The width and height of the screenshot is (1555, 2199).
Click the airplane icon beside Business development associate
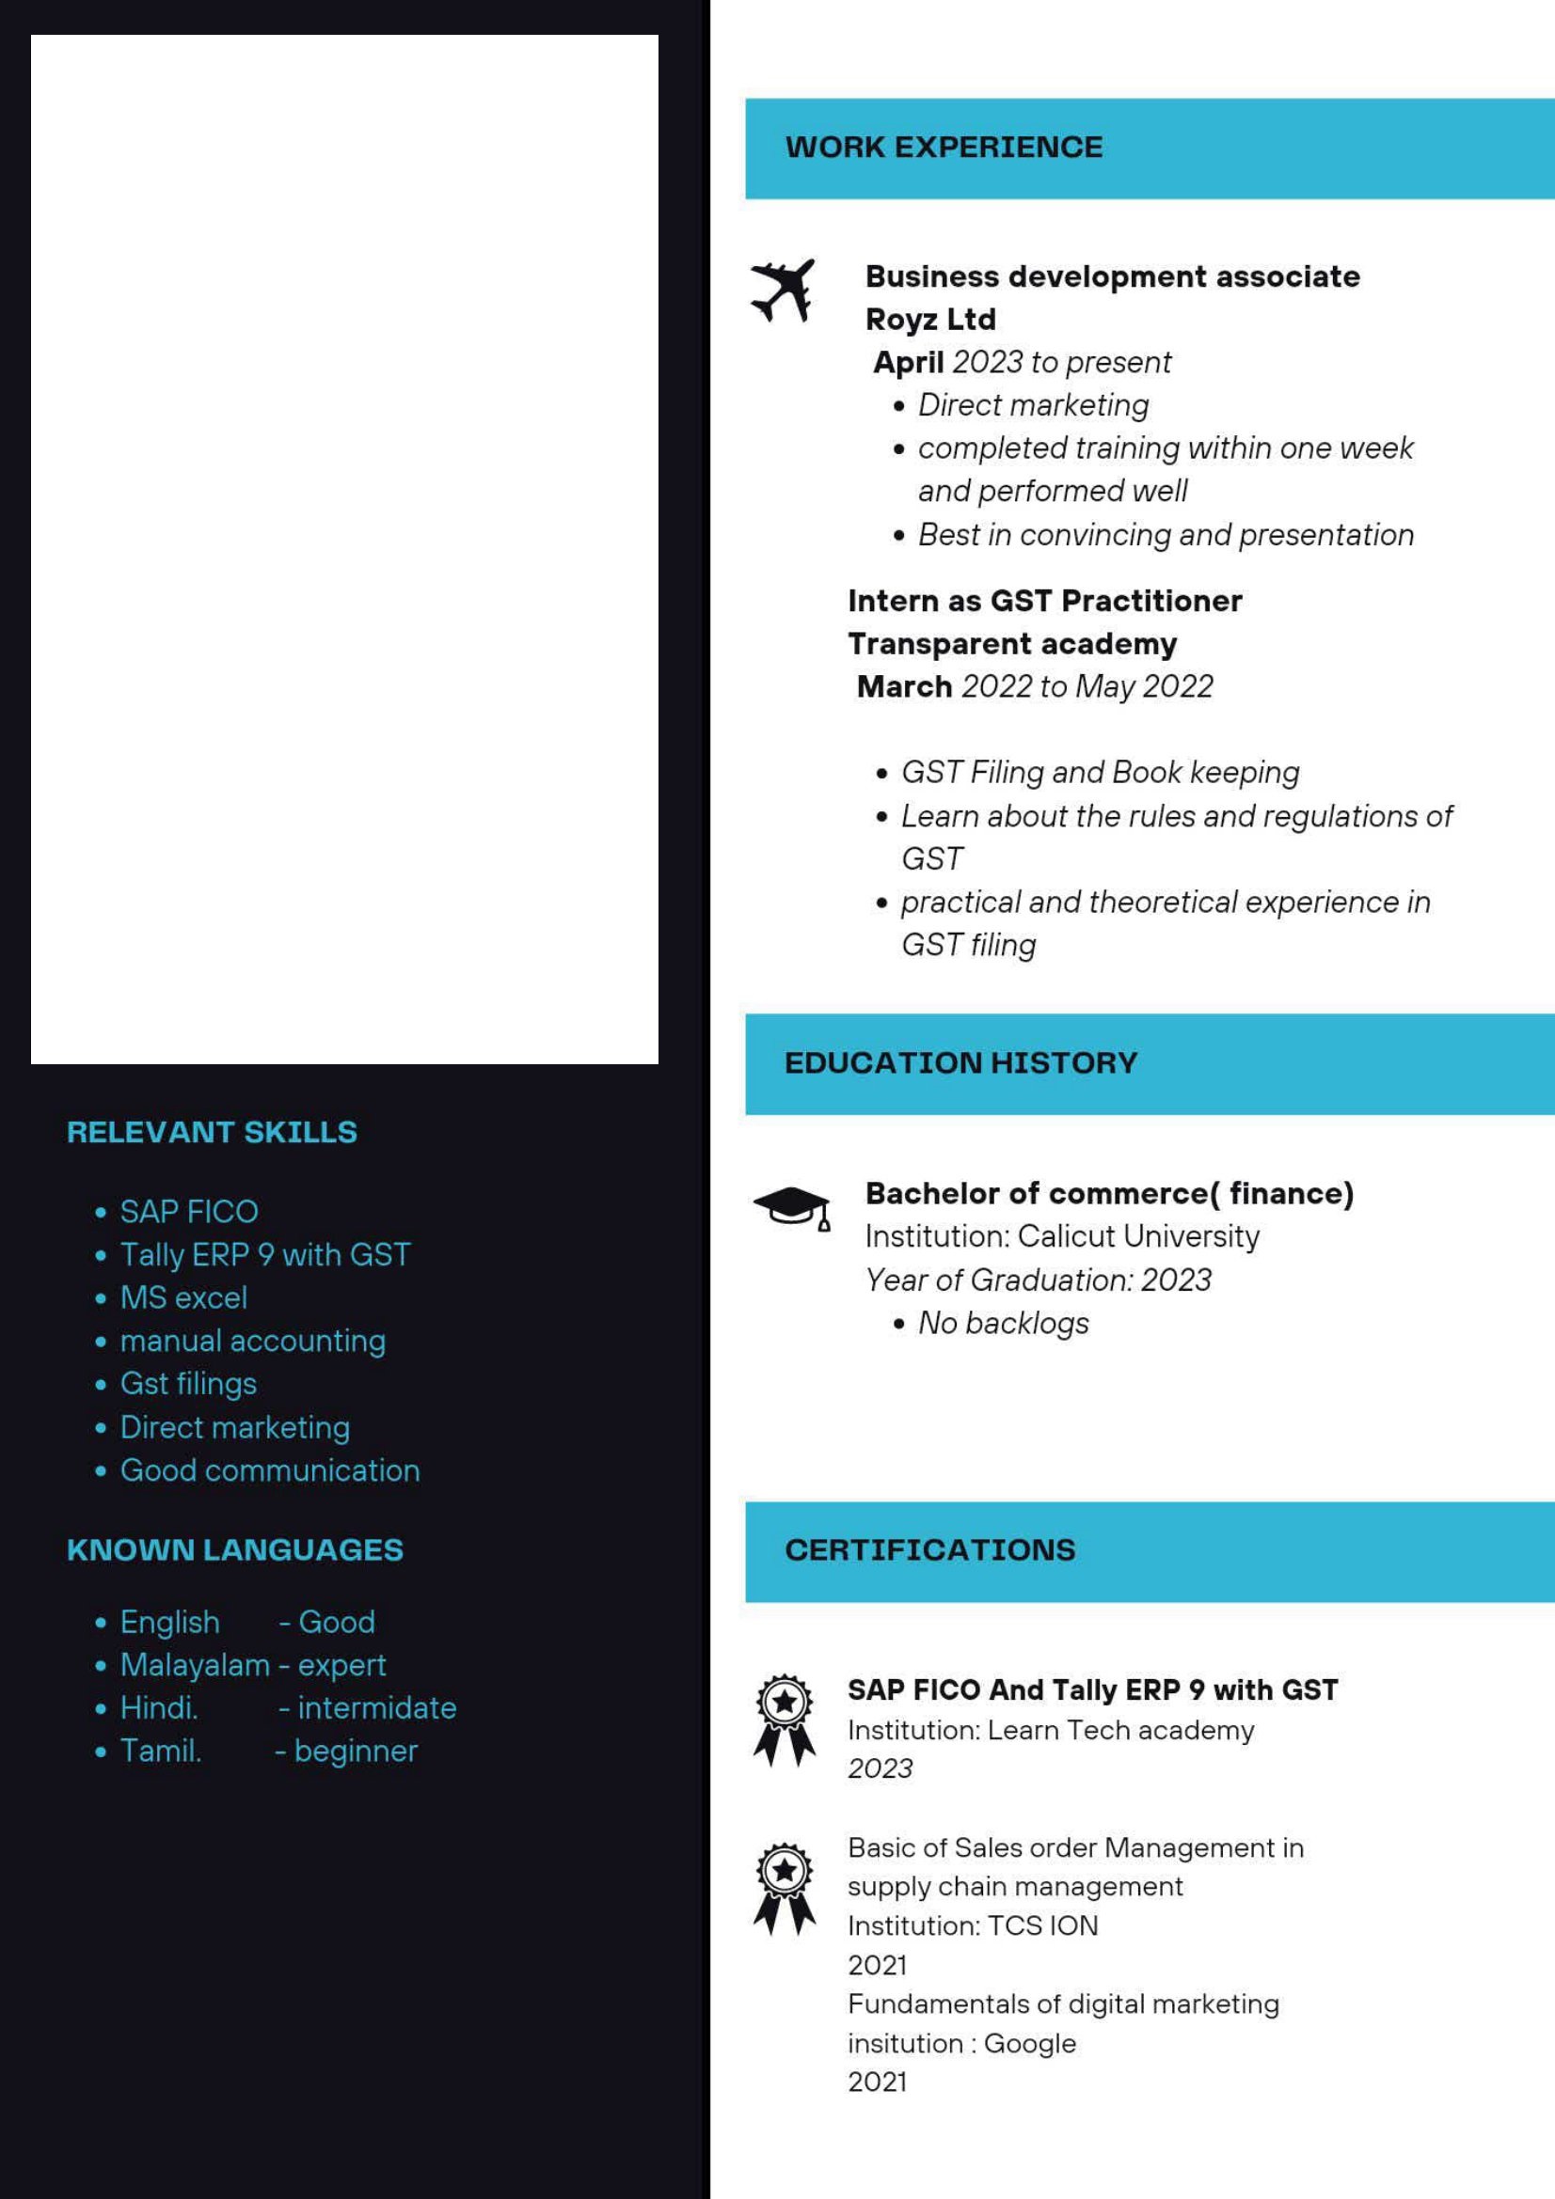(783, 290)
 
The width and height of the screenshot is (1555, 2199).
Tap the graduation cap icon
(791, 1208)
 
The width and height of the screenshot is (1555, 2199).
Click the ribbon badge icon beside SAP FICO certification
(785, 1720)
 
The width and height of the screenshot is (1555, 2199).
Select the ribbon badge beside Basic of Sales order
(785, 1888)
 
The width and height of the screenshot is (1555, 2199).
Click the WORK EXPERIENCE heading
(944, 148)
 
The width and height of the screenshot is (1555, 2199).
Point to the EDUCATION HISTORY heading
(960, 1063)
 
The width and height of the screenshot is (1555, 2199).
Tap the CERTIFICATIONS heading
(929, 1549)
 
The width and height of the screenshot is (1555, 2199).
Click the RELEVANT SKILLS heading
(212, 1132)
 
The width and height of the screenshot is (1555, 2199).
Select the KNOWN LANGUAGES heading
(235, 1549)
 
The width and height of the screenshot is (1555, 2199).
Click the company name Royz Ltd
(930, 319)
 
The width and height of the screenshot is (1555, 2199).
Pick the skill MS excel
(183, 1297)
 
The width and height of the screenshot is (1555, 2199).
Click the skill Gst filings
(188, 1384)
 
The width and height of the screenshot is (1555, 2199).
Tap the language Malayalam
(195, 1665)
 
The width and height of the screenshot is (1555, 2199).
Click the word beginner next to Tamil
(356, 1751)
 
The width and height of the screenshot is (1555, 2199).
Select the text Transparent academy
(1012, 644)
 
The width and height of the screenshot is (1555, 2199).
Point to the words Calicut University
(1138, 1236)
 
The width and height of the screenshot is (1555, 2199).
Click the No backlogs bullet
(1003, 1323)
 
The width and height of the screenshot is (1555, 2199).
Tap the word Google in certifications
(1030, 2044)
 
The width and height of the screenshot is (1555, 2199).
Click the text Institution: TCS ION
(973, 1925)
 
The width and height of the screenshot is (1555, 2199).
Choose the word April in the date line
(909, 362)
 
